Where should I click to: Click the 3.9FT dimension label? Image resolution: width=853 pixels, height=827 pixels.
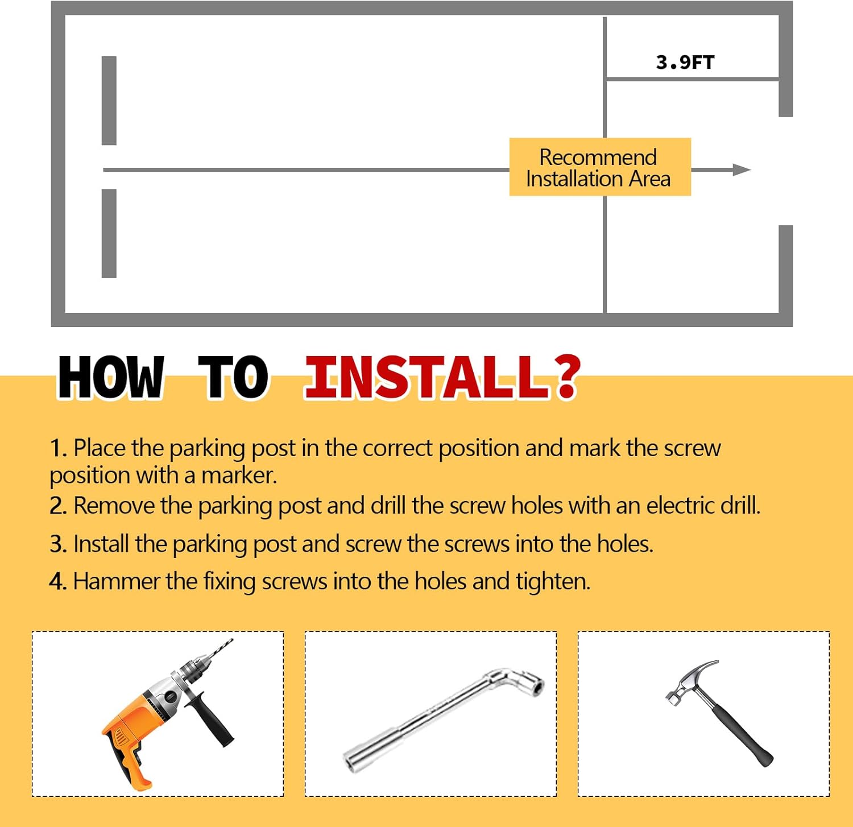tap(685, 62)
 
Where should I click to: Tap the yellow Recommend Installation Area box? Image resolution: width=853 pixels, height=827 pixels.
tap(600, 167)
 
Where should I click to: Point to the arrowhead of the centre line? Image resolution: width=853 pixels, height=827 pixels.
tap(742, 169)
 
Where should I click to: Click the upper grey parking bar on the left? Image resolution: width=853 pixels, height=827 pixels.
tap(109, 101)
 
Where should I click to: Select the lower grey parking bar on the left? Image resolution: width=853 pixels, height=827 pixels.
tap(109, 233)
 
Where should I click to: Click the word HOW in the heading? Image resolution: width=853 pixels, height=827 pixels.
tap(111, 377)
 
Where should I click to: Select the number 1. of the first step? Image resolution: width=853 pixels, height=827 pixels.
tap(59, 448)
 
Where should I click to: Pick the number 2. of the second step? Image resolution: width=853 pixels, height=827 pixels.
tap(59, 506)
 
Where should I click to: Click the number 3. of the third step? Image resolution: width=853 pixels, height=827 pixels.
tap(59, 544)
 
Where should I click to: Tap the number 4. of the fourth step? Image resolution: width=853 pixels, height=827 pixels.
tap(59, 582)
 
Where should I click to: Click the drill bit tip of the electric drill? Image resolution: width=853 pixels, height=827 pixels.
tap(231, 640)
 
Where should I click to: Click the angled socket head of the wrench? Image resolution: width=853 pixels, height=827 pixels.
tap(520, 683)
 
